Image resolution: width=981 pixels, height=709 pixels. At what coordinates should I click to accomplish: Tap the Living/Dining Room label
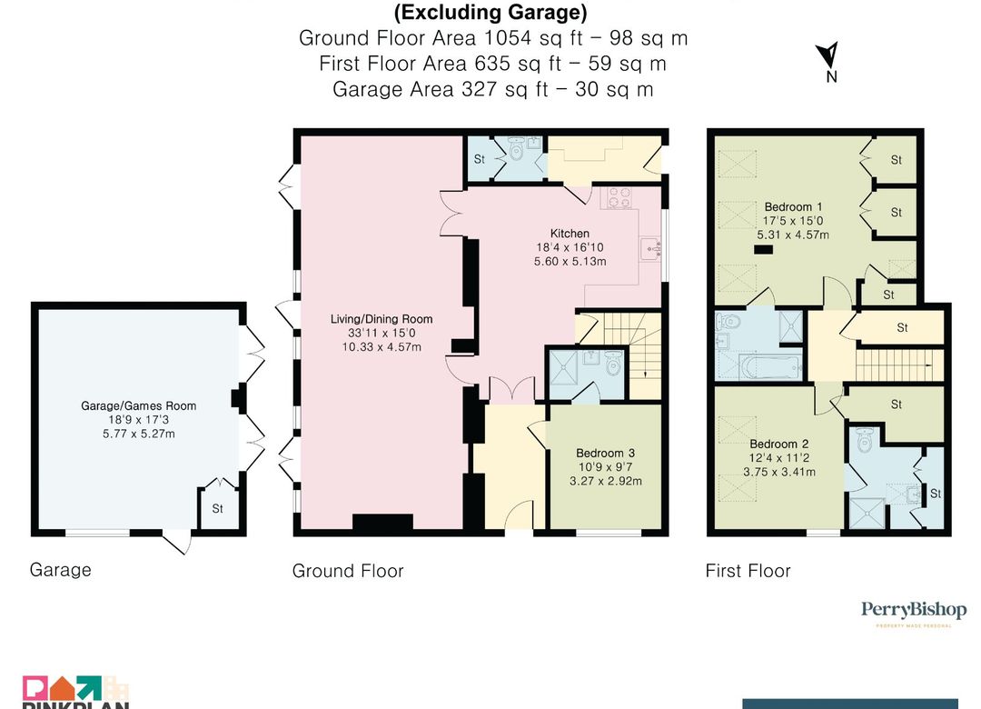click(x=381, y=319)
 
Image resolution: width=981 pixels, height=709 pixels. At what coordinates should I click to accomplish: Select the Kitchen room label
click(x=570, y=233)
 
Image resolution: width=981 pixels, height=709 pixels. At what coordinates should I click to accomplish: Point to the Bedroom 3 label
click(x=605, y=453)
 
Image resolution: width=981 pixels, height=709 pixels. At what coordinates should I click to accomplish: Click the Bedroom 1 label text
click(x=793, y=206)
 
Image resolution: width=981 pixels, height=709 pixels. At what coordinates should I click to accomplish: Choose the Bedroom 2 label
click(x=779, y=444)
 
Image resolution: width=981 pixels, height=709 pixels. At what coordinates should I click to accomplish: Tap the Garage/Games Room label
click(x=138, y=406)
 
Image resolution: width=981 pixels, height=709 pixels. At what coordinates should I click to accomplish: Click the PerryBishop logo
click(x=914, y=612)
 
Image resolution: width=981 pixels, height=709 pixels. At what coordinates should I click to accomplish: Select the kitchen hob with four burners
click(x=619, y=198)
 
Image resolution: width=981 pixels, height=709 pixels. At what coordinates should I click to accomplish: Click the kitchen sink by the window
click(x=651, y=249)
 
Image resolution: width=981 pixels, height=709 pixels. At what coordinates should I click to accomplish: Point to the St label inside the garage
click(x=217, y=509)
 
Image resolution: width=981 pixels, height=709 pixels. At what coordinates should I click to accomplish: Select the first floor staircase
click(x=899, y=365)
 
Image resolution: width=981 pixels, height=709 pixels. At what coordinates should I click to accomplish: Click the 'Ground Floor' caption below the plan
click(x=348, y=571)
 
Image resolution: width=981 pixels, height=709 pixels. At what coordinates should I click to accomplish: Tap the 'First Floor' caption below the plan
click(x=748, y=571)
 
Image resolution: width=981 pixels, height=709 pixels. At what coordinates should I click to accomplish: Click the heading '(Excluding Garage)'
click(x=491, y=12)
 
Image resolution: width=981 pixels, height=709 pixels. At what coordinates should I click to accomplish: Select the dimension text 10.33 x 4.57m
click(x=381, y=346)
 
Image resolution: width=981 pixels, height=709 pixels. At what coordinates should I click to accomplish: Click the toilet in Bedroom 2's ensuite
click(x=864, y=439)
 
